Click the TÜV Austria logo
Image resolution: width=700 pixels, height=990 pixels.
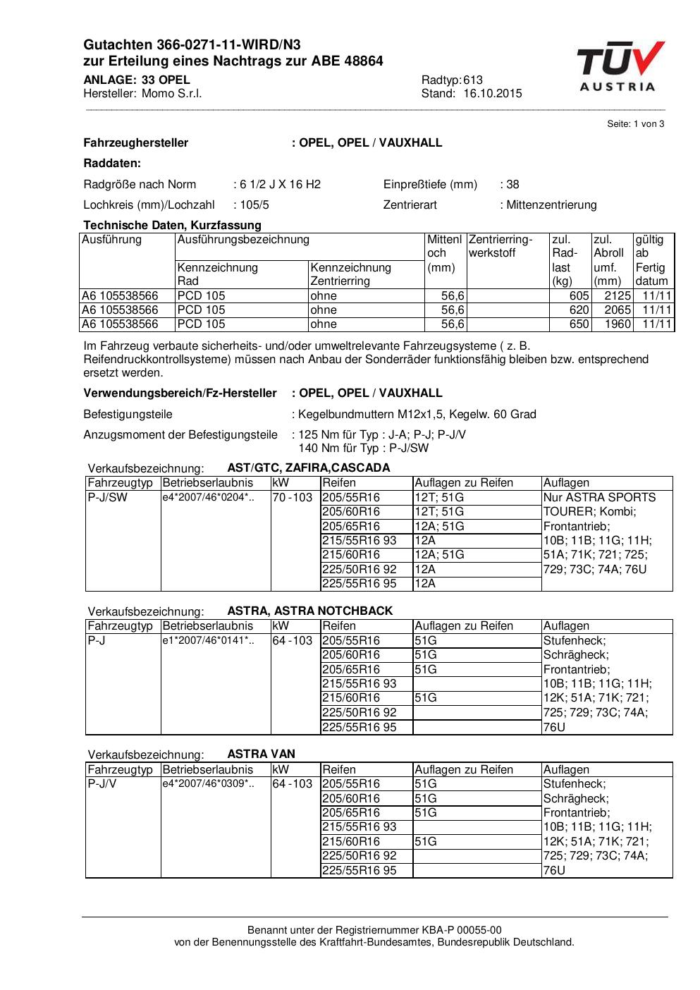click(x=618, y=66)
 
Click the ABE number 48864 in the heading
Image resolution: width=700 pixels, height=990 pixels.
click(x=364, y=61)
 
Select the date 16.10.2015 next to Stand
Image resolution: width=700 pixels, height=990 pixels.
click(x=493, y=93)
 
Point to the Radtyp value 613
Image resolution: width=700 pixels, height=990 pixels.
click(x=473, y=80)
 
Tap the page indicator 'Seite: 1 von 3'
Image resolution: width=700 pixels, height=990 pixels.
click(x=635, y=124)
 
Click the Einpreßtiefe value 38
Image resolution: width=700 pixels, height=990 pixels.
click(x=512, y=185)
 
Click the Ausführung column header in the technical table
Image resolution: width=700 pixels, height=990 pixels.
click(x=112, y=240)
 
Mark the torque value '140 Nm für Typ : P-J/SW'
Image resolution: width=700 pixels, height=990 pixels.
click(x=363, y=448)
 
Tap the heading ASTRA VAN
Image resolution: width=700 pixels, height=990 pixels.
click(x=261, y=754)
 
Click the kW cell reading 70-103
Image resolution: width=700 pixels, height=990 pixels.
click(x=293, y=497)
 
